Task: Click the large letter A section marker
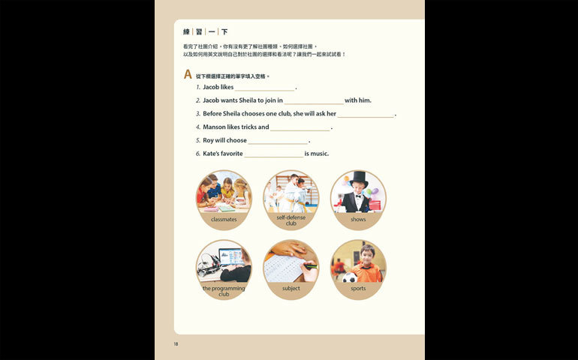click(188, 74)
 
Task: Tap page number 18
click(176, 343)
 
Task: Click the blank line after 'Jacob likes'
click(265, 90)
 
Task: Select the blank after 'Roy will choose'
click(278, 143)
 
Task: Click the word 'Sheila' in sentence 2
click(248, 100)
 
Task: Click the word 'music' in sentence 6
click(319, 154)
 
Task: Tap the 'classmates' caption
click(224, 219)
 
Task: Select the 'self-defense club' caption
click(291, 220)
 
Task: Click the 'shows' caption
click(358, 219)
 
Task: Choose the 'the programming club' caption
click(224, 291)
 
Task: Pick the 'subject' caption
click(291, 288)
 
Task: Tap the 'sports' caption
click(358, 288)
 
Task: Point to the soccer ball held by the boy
click(350, 277)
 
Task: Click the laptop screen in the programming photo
click(230, 256)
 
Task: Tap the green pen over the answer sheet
click(311, 266)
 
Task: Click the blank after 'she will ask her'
click(366, 117)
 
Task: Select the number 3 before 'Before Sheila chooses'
click(198, 114)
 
